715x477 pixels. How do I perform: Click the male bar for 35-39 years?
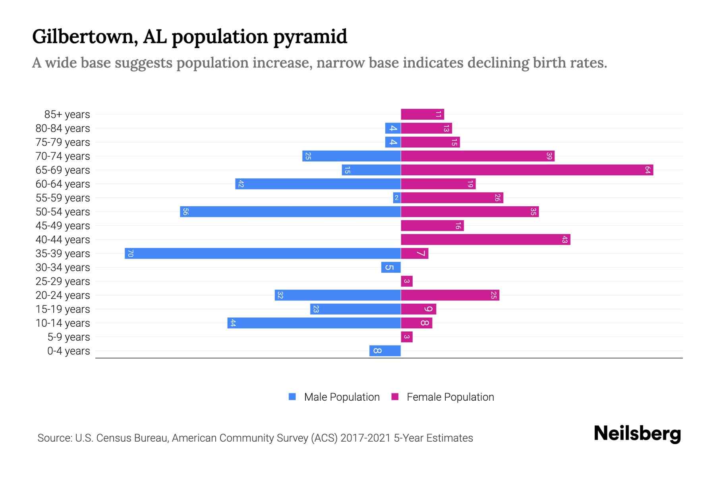[x=263, y=254]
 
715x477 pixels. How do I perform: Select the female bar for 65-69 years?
[x=527, y=170]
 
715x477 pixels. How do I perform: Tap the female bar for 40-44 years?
[x=485, y=240]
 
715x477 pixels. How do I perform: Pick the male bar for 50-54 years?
[x=290, y=212]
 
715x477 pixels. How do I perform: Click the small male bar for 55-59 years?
[x=396, y=198]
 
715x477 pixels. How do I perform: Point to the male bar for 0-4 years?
[x=385, y=351]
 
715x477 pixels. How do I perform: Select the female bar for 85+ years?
[x=422, y=114]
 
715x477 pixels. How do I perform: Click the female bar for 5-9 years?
[x=407, y=337]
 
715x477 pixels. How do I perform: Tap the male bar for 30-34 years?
[x=391, y=268]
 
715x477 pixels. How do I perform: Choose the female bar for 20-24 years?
[x=450, y=295]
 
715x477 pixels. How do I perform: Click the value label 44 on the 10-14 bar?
[x=233, y=323]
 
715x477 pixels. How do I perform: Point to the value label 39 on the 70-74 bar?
[x=549, y=156]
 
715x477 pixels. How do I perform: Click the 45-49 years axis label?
[x=63, y=226]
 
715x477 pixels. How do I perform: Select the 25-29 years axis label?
[x=63, y=281]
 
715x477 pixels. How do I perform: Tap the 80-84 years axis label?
[x=63, y=128]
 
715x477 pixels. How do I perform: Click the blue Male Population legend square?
[x=292, y=397]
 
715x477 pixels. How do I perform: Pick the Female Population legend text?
[x=450, y=397]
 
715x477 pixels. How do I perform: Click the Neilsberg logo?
[x=637, y=434]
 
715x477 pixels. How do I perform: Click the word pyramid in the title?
[x=310, y=37]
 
